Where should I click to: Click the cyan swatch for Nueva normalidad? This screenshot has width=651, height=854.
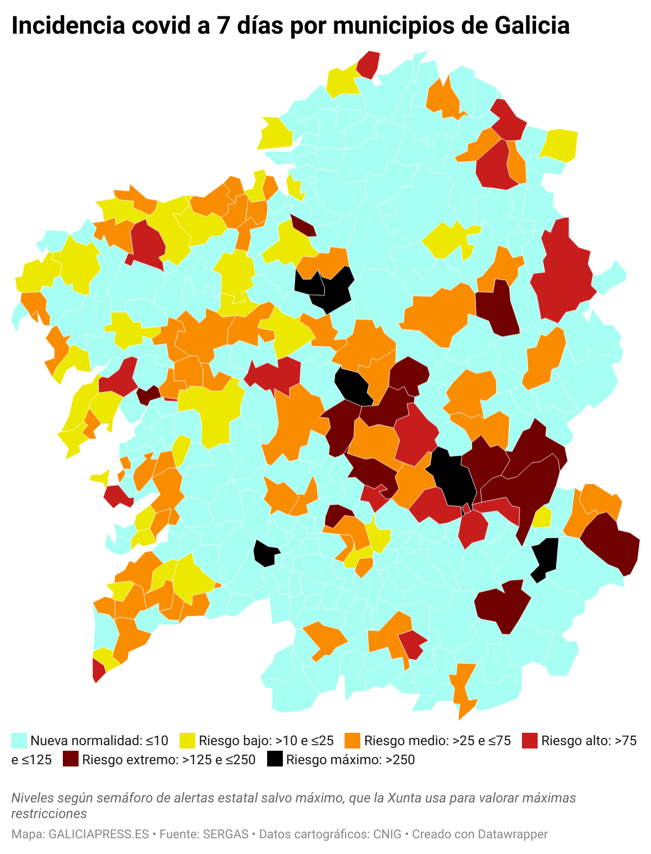point(19,741)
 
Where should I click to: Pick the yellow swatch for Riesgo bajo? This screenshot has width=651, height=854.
point(187,741)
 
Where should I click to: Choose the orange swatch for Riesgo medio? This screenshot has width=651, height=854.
point(352,741)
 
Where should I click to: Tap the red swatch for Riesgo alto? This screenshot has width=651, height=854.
point(530,741)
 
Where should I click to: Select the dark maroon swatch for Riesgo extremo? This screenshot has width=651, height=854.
point(71,760)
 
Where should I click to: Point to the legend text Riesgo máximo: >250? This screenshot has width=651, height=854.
point(350,760)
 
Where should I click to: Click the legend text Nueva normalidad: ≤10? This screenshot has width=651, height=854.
point(99,741)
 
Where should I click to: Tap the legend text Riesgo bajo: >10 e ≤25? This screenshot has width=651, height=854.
point(266,741)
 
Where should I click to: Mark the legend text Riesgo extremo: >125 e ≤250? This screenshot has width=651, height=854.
point(168,760)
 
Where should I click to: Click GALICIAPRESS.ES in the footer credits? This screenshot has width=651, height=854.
point(99,834)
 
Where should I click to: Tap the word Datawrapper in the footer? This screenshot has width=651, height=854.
point(513,834)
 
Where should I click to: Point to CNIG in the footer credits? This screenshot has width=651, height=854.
point(387,834)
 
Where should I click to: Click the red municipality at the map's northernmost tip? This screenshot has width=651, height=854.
point(369,63)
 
